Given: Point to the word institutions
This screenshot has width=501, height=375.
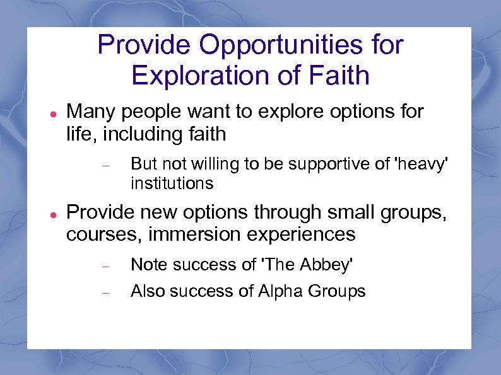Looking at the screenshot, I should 172,184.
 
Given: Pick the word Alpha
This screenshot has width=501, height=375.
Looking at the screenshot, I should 278,291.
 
